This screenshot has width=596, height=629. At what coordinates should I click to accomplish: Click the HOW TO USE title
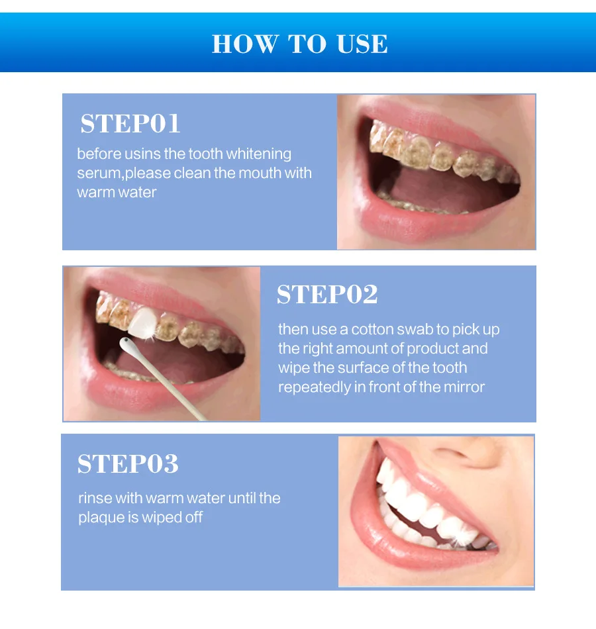coord(299,44)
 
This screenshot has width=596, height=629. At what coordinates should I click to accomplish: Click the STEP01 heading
coord(130,124)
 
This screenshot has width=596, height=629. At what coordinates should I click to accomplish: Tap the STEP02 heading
coord(327,295)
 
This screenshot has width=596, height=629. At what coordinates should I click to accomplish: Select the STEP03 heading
coord(128,464)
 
